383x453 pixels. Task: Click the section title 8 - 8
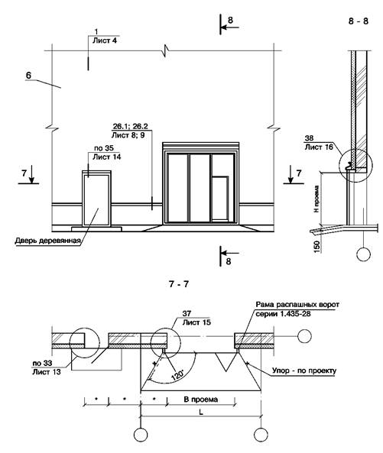click(358, 21)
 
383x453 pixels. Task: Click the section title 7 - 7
click(179, 284)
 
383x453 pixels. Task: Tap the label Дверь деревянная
click(47, 241)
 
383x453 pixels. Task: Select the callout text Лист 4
click(105, 40)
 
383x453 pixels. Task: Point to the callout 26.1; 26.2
click(131, 126)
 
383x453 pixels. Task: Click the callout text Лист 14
click(107, 157)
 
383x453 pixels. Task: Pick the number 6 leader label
click(28, 76)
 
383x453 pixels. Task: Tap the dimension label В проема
click(201, 400)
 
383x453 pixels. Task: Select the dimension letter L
click(201, 413)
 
